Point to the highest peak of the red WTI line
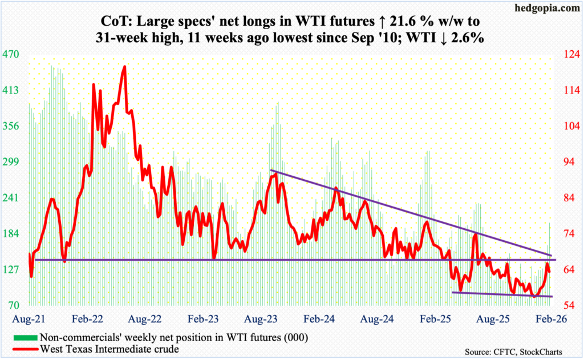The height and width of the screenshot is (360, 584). pyautogui.click(x=124, y=67)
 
